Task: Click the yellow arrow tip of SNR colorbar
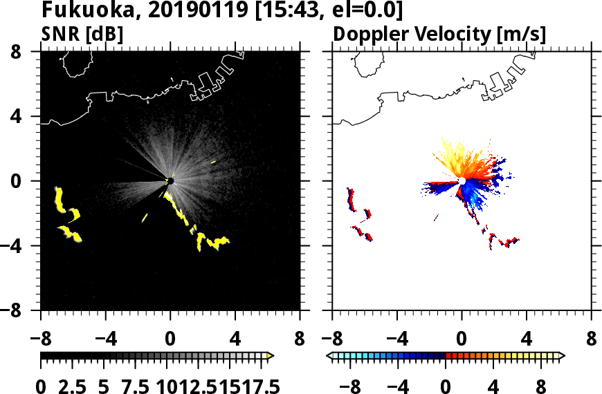click(x=271, y=356)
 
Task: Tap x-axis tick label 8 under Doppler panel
click(x=591, y=340)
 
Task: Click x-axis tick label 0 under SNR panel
click(x=170, y=340)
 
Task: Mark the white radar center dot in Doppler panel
click(x=462, y=180)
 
